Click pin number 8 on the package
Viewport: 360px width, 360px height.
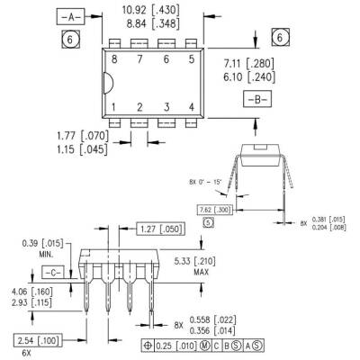tap(115, 59)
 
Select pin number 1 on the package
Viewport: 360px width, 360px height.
tap(115, 107)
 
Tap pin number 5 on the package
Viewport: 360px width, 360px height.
tap(190, 59)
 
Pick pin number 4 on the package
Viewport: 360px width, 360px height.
tap(192, 107)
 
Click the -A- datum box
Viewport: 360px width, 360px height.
tap(69, 18)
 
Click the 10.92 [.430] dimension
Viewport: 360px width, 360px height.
tap(149, 12)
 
